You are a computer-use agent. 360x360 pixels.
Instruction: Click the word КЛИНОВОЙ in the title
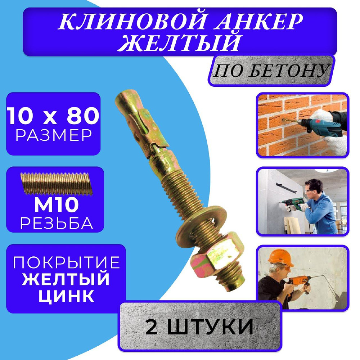[x=132, y=22]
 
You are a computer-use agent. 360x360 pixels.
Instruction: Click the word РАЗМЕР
[x=54, y=135]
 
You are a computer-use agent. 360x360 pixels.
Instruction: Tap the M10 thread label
[x=57, y=205]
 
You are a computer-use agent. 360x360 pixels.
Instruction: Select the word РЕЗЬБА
[x=57, y=223]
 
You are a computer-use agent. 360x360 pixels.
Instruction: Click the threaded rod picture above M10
[x=57, y=184]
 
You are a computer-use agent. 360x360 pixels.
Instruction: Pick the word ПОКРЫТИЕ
[x=67, y=262]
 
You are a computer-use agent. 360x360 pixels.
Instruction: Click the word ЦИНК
[x=66, y=296]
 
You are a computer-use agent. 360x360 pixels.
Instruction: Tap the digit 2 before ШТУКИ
[x=152, y=327]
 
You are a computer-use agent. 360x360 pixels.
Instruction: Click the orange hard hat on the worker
[x=280, y=257]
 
